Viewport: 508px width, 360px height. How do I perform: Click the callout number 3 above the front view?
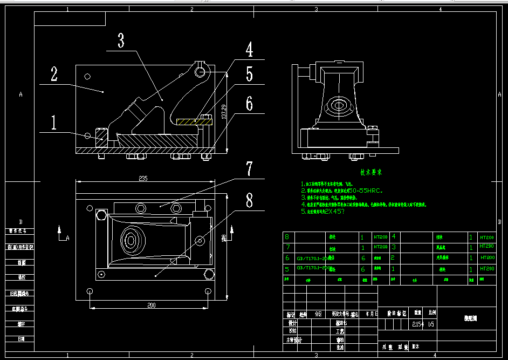[x=121, y=40]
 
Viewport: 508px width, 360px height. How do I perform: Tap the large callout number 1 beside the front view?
[x=54, y=123]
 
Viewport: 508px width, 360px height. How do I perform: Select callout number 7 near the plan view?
[x=249, y=169]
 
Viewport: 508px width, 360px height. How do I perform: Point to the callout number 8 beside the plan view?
[x=249, y=201]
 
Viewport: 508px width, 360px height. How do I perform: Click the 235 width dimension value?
[x=143, y=179]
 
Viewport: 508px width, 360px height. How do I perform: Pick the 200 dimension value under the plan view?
[x=151, y=305]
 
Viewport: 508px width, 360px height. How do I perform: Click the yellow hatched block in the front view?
[x=187, y=122]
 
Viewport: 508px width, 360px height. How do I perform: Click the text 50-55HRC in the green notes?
[x=366, y=191]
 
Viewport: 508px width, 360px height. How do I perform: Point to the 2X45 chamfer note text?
[x=334, y=212]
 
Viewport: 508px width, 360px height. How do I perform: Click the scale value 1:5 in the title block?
[x=430, y=324]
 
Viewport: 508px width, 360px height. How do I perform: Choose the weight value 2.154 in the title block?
[x=417, y=324]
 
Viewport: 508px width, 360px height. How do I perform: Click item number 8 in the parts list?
[x=286, y=237]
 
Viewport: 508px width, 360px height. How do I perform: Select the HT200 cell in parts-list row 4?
[x=487, y=237]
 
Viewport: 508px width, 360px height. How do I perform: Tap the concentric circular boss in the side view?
[x=339, y=105]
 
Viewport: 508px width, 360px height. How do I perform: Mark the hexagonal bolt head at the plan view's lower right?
[x=208, y=277]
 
